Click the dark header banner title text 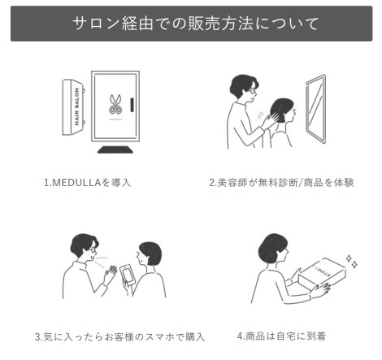point(196,24)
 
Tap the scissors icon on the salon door point(115,104)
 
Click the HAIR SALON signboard point(73,107)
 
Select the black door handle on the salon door point(132,105)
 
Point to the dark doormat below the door point(115,150)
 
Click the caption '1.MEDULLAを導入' point(87,183)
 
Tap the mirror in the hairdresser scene point(316,109)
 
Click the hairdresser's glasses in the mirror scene point(253,91)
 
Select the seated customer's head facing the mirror point(284,111)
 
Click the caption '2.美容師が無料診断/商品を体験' point(281,183)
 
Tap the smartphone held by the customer point(128,275)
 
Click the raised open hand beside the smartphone point(110,275)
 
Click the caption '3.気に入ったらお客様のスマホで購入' point(119,336)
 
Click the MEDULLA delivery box point(322,274)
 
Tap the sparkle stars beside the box point(352,261)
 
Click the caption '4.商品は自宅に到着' point(281,336)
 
